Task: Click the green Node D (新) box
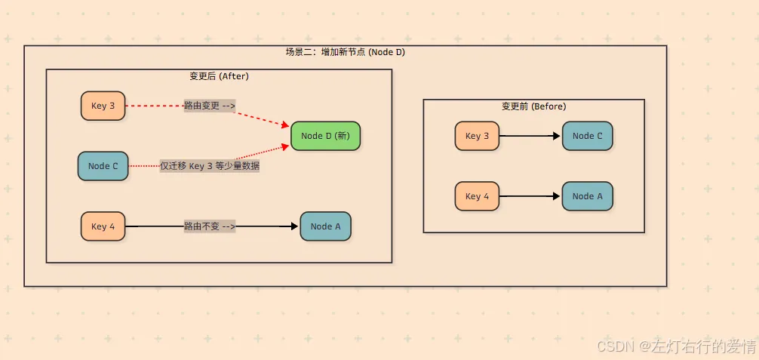pos(325,136)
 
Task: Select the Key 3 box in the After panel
pos(103,106)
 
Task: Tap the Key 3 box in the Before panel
pos(477,136)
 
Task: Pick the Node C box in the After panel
pos(103,166)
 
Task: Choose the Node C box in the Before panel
pos(587,136)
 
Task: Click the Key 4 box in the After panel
pos(103,226)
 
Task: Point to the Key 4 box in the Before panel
pos(477,196)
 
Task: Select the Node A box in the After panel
pos(325,226)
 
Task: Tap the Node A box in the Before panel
pos(587,196)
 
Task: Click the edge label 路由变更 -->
pos(210,106)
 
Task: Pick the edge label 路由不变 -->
pos(210,226)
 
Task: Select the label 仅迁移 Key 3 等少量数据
pos(210,166)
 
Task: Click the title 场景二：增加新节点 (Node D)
pos(345,52)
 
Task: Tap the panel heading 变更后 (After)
pos(219,76)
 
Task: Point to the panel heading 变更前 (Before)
pos(534,106)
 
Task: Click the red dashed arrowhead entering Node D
pos(286,125)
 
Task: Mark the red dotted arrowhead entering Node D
pos(286,146)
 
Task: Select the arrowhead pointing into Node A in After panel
pos(294,226)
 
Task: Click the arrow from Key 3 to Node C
pos(530,136)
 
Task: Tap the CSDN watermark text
pos(676,346)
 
